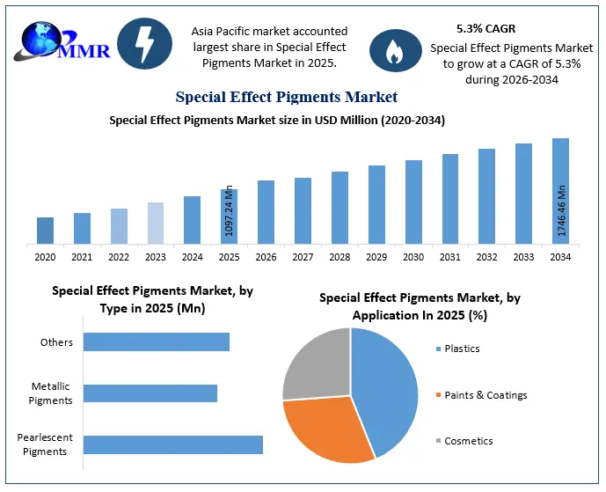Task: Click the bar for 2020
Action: tap(45, 231)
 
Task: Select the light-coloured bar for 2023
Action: tap(156, 224)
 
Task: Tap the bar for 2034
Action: tap(560, 191)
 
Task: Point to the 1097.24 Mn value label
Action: tap(230, 211)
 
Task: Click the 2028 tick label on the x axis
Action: tap(340, 257)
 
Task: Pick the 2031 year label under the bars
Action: tap(449, 257)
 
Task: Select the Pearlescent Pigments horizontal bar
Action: tap(173, 444)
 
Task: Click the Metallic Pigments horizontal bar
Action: tap(150, 393)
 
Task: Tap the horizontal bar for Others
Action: tap(157, 341)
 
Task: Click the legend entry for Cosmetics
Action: tap(464, 441)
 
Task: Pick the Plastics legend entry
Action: tap(457, 349)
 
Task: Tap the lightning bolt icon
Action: tap(144, 43)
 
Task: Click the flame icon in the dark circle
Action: tap(396, 51)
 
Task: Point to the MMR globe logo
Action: tap(62, 41)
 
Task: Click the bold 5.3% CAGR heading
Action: tap(486, 29)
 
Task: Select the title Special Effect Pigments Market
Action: tap(287, 97)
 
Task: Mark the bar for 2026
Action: tap(266, 212)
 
